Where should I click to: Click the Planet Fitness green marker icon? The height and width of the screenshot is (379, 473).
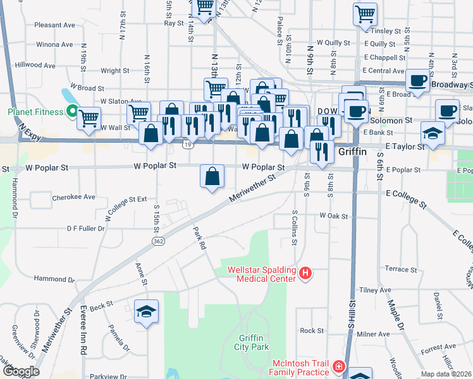(x=72, y=112)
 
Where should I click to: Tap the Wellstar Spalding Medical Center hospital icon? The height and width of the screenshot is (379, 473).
(x=305, y=274)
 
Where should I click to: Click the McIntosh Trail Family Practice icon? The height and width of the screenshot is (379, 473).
(x=339, y=366)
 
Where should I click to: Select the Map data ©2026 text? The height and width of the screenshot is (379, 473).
(x=446, y=374)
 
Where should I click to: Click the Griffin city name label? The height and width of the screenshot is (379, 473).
(x=357, y=152)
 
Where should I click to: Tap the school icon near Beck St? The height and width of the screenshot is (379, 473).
(x=147, y=311)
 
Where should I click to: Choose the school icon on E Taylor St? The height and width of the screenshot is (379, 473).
(x=433, y=134)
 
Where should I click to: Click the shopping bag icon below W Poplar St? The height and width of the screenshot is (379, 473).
(x=212, y=176)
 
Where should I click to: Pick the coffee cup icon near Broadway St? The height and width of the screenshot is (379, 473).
(x=417, y=81)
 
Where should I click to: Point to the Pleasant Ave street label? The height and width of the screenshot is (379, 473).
(x=55, y=25)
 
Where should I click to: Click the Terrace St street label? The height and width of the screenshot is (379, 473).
(x=401, y=269)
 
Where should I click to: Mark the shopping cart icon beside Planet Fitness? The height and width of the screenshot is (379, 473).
(x=89, y=117)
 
